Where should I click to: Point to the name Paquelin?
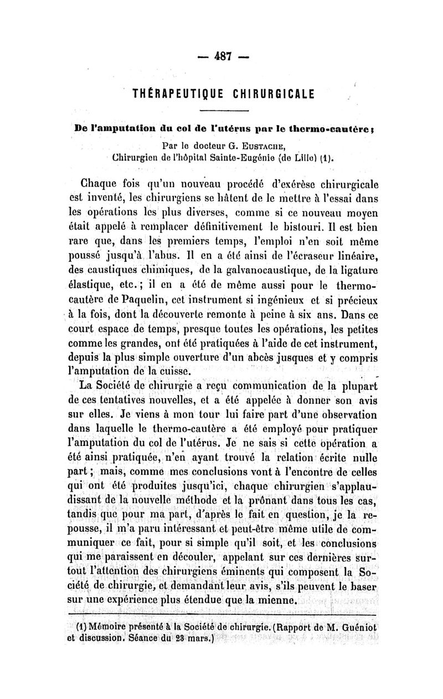pyautogui.click(x=135, y=300)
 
